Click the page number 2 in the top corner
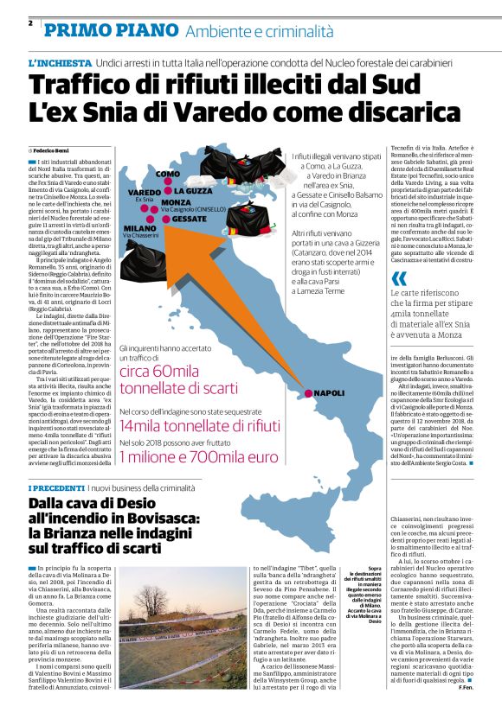click(30, 23)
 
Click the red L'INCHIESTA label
click(59, 64)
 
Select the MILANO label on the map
click(139, 228)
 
